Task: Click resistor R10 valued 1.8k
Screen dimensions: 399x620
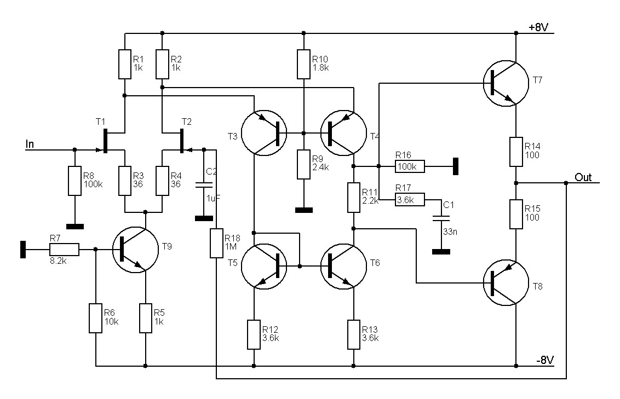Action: [304, 64]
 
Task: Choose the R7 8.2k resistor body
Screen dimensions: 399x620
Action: [64, 250]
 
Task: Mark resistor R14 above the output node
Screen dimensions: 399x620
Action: [516, 152]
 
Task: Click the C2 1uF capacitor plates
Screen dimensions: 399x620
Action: [204, 184]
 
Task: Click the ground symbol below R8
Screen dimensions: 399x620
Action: [74, 226]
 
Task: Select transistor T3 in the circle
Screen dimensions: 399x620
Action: [264, 132]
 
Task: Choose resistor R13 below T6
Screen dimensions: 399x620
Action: [354, 334]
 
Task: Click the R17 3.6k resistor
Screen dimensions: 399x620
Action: [410, 201]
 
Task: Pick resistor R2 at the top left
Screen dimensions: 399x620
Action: [163, 64]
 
